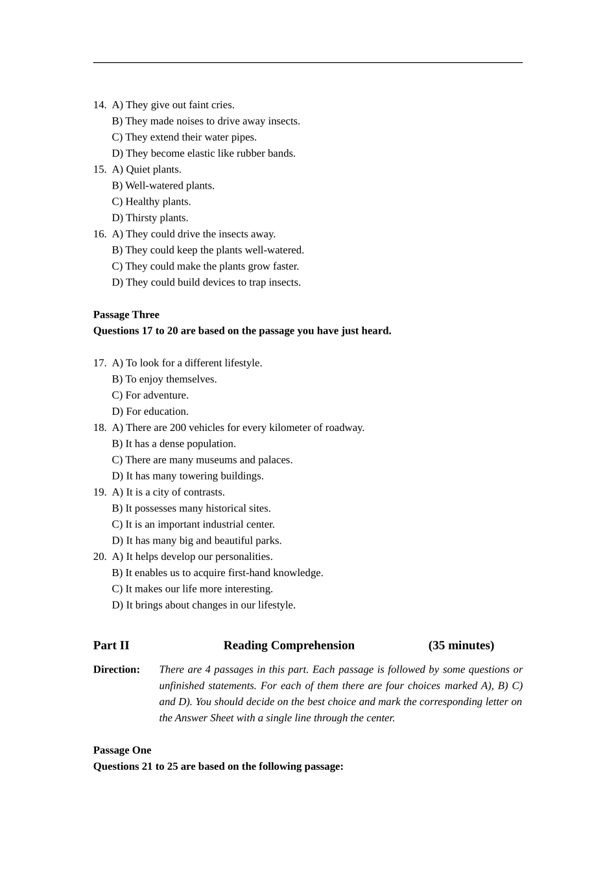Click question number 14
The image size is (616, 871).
coord(99,105)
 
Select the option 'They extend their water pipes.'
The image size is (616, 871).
coord(184,137)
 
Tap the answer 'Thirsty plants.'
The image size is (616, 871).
coord(150,218)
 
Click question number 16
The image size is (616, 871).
coord(99,234)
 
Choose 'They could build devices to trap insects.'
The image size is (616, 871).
coord(206,283)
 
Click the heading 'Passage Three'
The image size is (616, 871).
coord(126,315)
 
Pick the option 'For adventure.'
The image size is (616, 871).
coord(150,395)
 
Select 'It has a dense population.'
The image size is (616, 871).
coord(174,444)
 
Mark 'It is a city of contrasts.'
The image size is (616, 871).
coord(168,493)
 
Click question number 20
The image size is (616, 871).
coord(99,557)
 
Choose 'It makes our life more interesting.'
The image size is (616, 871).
coord(192,589)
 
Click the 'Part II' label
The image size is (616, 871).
coord(111,645)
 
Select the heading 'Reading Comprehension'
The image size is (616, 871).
coord(289,645)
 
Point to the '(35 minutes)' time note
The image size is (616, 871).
coord(461,645)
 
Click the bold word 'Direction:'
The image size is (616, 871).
coord(116,669)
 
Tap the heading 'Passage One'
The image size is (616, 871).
coord(122,750)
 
